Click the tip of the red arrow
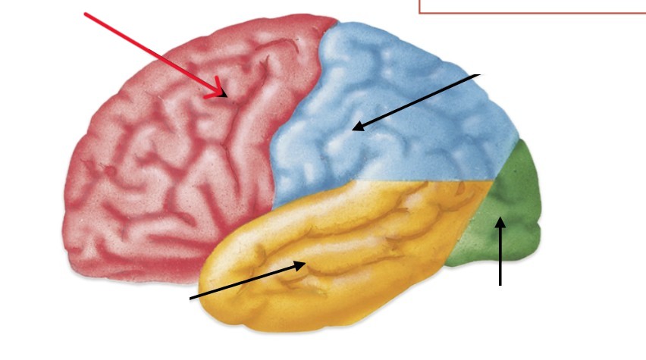226,95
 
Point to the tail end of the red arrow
85,14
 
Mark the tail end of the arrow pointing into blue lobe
479,75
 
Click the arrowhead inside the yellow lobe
305,264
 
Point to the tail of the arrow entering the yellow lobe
190,298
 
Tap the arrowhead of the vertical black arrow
500,220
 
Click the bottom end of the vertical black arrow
500,285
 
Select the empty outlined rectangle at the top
532,6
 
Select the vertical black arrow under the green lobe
500,254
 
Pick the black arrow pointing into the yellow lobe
246,281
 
